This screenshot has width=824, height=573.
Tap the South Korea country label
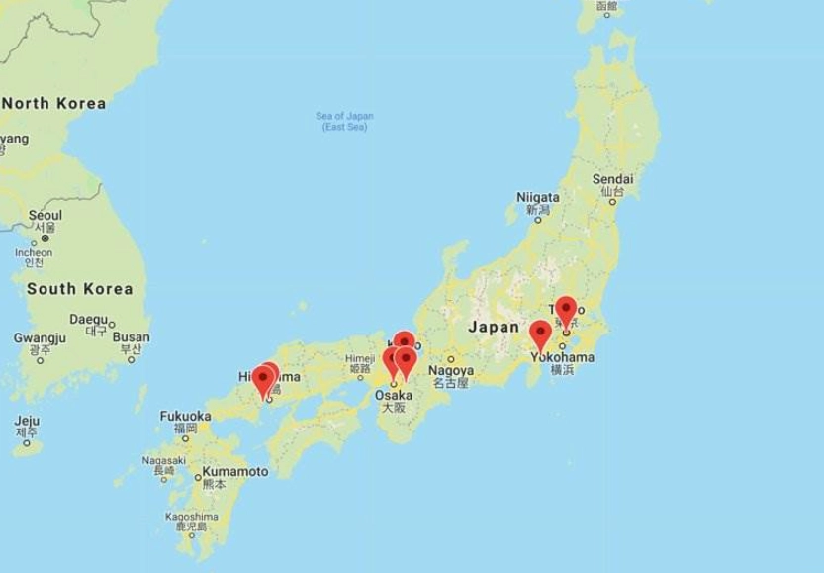[x=80, y=289]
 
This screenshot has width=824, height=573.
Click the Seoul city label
[x=46, y=215]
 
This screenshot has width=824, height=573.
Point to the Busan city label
[x=131, y=337]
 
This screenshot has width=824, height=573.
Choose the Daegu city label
[x=88, y=320]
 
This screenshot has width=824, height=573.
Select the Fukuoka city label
[x=184, y=417]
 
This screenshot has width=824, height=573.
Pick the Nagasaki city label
[x=163, y=460]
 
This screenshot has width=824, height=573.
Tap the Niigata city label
[x=538, y=197]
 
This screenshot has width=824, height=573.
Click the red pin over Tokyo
[x=565, y=309]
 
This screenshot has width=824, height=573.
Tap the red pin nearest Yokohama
[x=540, y=334]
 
